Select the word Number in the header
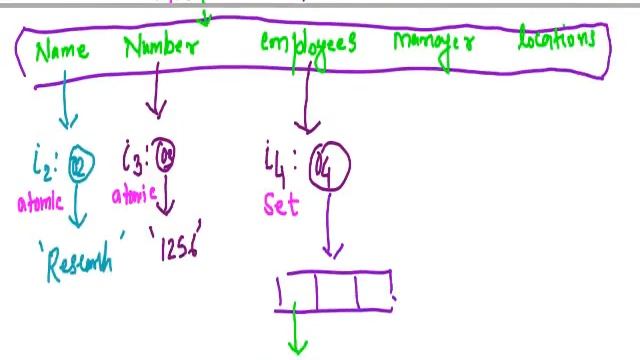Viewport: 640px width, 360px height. pos(161,47)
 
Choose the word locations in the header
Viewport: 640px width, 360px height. pos(557,41)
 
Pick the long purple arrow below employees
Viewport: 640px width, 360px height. pos(308,100)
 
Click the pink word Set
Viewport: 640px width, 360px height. pos(281,206)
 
